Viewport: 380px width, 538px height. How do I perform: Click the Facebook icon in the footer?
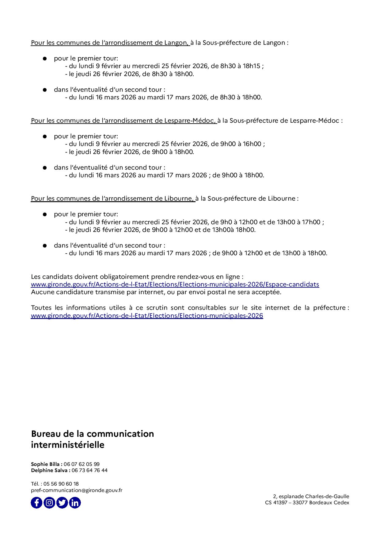click(36, 503)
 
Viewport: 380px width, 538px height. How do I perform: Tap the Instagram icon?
click(49, 503)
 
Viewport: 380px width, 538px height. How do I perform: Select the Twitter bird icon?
click(62, 503)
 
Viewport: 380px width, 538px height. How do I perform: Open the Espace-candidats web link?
click(175, 284)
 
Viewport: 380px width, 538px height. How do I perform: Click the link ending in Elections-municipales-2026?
click(147, 316)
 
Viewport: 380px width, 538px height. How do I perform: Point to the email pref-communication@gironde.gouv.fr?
click(77, 490)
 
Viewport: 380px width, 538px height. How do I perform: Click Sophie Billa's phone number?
click(82, 464)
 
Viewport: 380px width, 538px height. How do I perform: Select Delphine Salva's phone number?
click(89, 470)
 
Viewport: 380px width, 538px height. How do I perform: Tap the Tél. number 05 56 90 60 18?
click(61, 484)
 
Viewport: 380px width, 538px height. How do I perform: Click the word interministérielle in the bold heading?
click(67, 445)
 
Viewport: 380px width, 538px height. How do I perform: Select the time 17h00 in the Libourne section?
click(311, 222)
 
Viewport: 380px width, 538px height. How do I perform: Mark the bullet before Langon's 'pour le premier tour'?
click(45, 58)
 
